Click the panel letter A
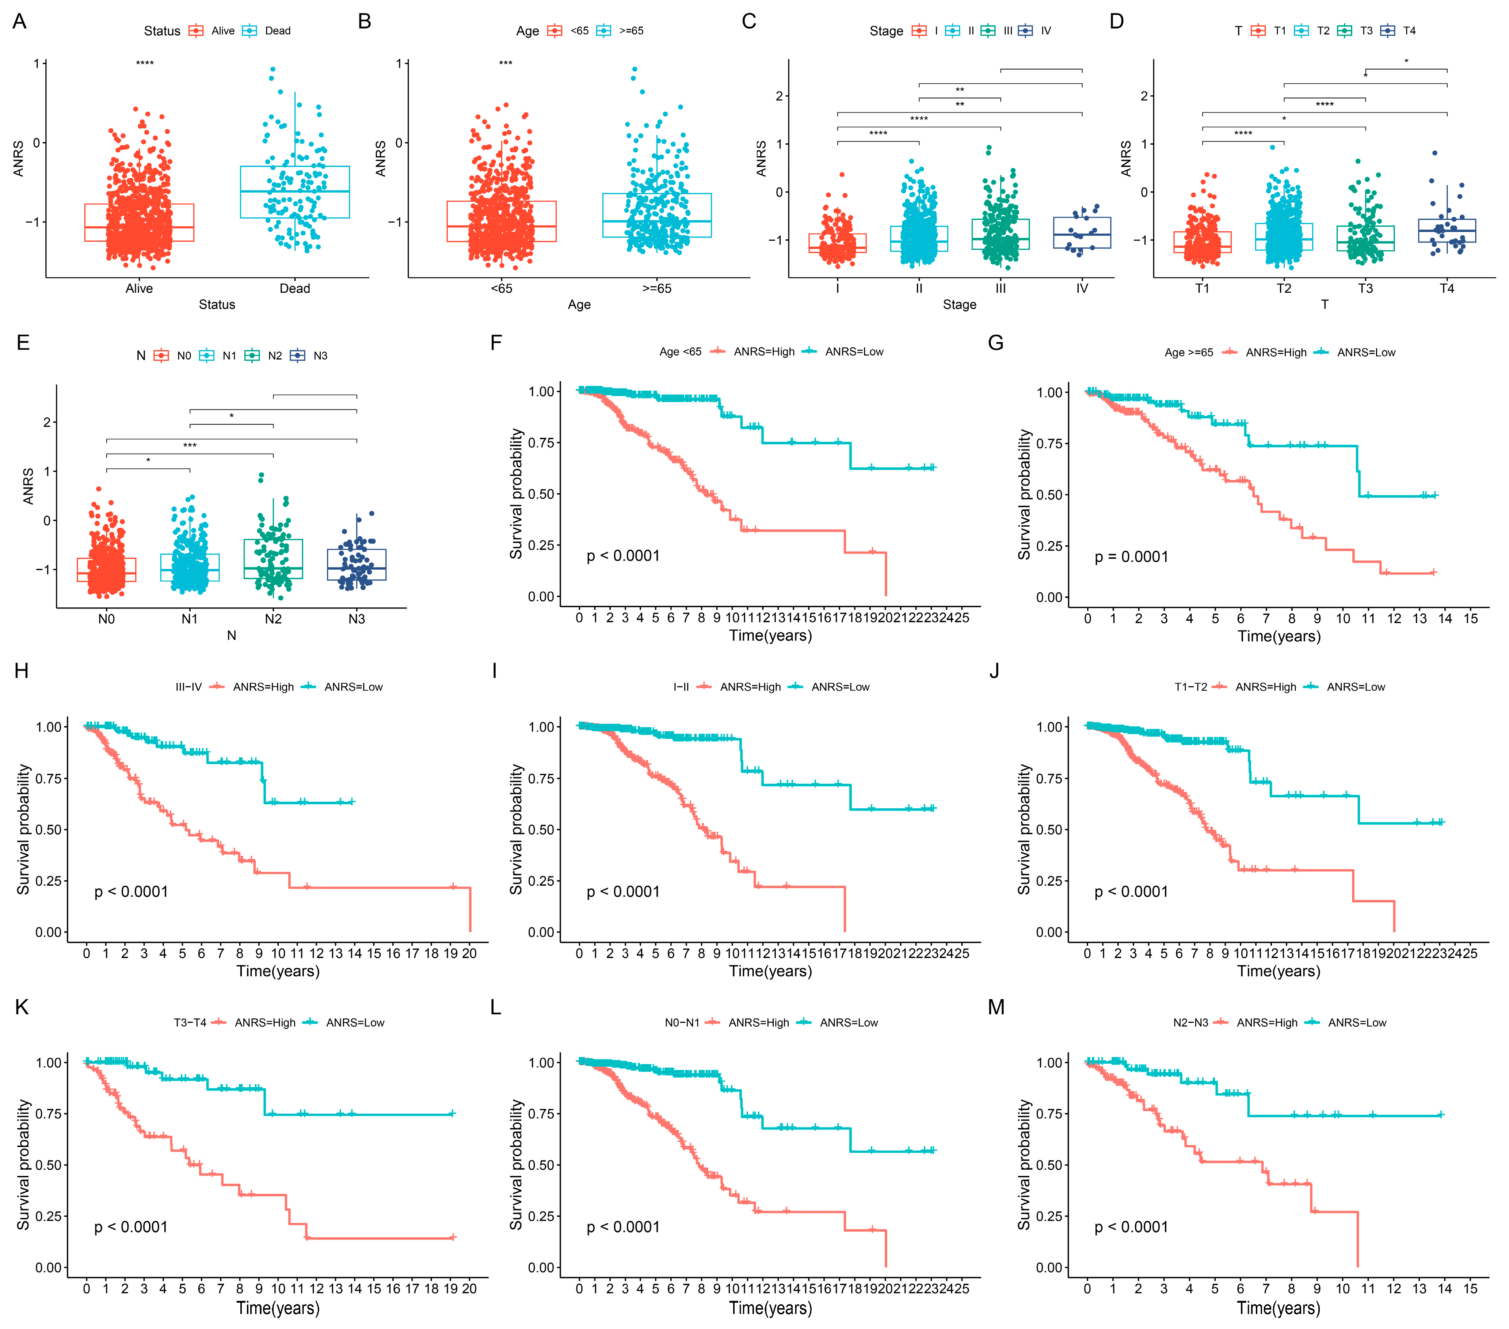click(19, 22)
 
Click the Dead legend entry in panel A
click(278, 31)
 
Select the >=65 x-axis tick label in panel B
click(656, 289)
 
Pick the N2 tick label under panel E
click(273, 619)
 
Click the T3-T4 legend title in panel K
click(190, 1022)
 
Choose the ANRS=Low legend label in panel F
click(854, 352)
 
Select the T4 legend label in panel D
click(1409, 31)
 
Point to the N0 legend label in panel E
click(184, 356)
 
